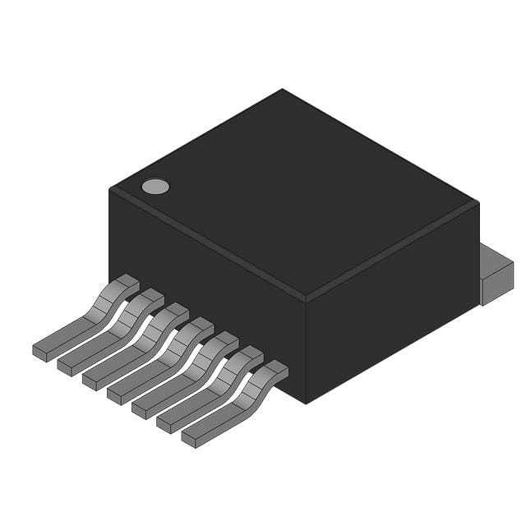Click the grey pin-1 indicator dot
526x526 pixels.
point(155,187)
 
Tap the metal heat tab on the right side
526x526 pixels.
point(496,275)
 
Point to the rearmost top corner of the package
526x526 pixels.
point(282,90)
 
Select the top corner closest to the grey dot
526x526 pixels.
point(110,189)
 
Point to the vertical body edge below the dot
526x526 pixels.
point(110,238)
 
